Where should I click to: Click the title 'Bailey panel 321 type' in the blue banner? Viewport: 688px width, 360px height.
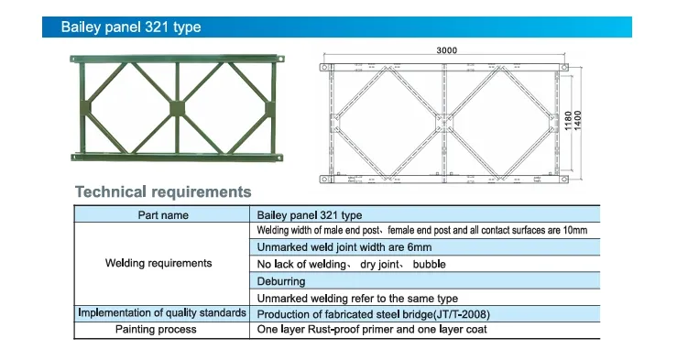pos(130,27)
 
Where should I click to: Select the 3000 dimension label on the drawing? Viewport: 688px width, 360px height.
pos(446,51)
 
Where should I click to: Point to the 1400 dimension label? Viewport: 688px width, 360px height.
pos(578,120)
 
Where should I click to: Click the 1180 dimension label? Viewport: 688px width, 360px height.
pos(567,120)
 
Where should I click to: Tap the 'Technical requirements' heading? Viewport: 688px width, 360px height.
pos(162,192)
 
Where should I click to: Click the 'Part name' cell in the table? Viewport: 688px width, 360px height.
pos(163,215)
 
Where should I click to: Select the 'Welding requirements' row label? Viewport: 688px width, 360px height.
pos(158,264)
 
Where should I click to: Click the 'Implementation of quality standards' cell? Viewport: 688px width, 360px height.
pos(162,313)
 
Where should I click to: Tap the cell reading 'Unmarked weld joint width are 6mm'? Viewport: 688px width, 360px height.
pos(344,247)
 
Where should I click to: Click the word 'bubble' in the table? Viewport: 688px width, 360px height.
pos(429,264)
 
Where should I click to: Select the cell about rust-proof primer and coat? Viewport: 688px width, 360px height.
pos(371,329)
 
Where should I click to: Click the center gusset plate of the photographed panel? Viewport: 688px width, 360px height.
pos(178,108)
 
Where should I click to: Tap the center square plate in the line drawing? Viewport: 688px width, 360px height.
pos(444,122)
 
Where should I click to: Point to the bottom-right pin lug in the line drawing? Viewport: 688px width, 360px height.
pos(564,178)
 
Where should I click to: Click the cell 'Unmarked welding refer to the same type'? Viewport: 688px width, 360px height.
pos(357,298)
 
